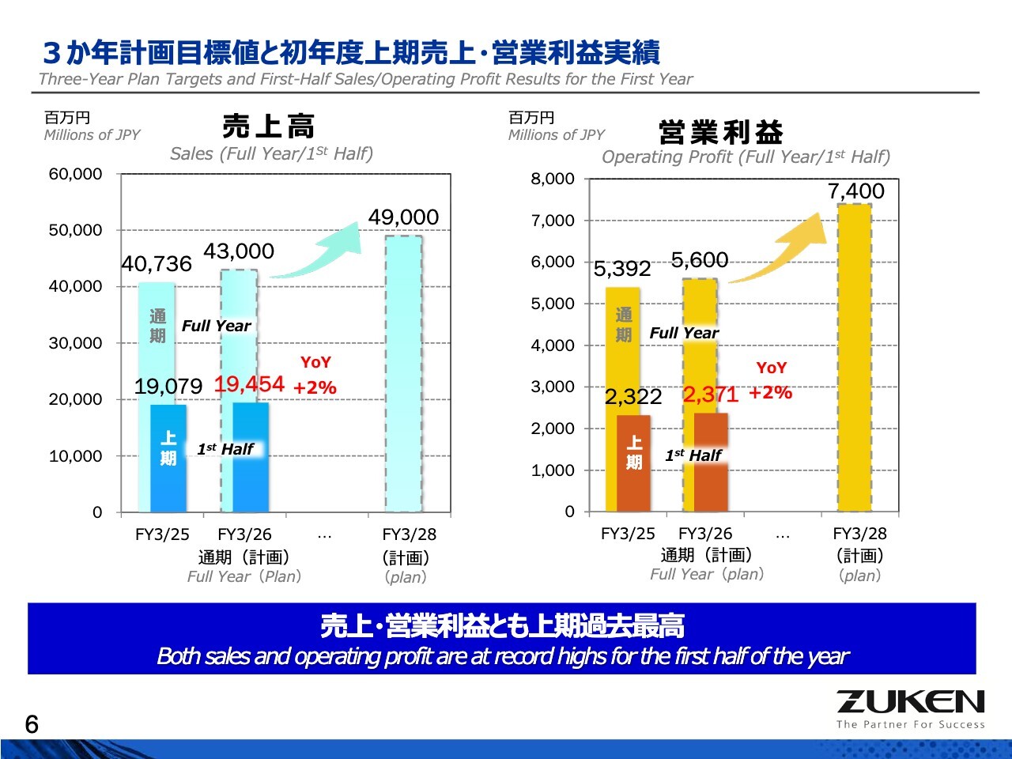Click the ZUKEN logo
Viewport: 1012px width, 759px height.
pos(910,702)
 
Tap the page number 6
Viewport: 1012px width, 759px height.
pos(32,724)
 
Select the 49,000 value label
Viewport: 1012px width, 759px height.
pos(403,217)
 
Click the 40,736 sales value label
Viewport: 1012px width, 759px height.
pos(157,264)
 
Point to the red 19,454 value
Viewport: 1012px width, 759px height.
pos(249,384)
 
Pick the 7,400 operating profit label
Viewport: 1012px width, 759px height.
pos(855,191)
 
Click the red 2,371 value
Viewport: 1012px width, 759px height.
pos(710,395)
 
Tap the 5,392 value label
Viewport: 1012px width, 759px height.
pos(622,269)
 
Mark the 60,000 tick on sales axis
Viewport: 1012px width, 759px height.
pos(76,174)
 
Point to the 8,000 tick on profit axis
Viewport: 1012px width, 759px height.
pos(553,179)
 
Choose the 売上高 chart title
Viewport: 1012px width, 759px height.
pos(269,126)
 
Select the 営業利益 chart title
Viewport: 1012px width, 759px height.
pos(720,131)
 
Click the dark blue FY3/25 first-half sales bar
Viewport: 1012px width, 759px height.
pos(168,459)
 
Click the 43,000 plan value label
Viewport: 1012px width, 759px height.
pos(239,251)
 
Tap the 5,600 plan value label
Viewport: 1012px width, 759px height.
pos(700,260)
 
